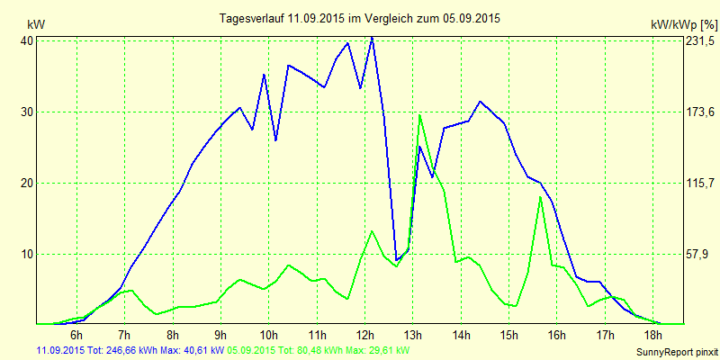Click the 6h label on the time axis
coord(77,336)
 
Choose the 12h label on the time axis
coord(364,336)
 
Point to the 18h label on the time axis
coord(653,336)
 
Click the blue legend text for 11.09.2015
coord(130,350)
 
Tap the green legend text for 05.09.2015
coord(319,350)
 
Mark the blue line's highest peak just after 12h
coord(372,37)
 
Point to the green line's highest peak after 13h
coord(419,114)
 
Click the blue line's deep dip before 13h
coord(396,260)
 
